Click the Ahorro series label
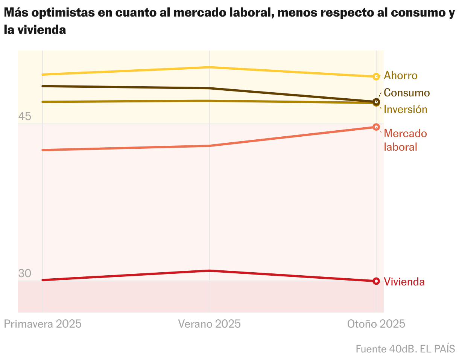tap(400, 76)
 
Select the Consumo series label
tap(406, 93)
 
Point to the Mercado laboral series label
tap(405, 140)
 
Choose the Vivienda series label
tap(404, 282)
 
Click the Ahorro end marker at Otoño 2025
tap(376, 77)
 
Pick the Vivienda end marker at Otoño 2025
tap(376, 281)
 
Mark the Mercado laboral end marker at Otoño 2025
tap(376, 127)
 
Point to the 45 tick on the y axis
tap(24, 117)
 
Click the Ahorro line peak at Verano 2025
tap(209, 67)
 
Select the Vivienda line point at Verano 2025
tap(209, 271)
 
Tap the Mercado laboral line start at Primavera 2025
tap(43, 150)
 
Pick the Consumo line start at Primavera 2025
tap(43, 86)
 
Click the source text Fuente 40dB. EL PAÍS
tap(405, 349)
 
